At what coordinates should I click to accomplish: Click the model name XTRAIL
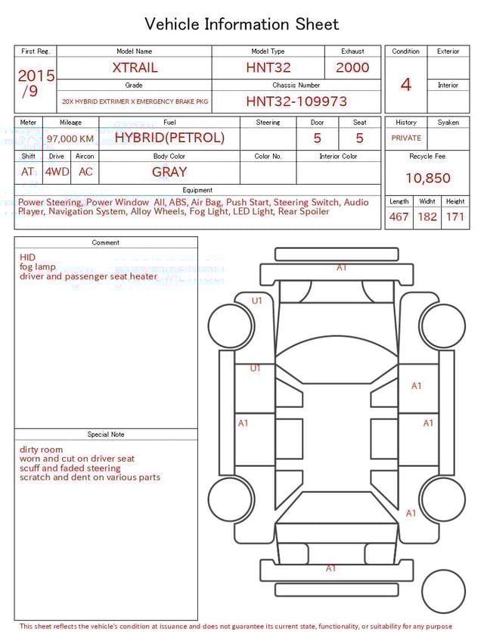[x=135, y=67]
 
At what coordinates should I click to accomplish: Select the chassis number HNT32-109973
[x=296, y=101]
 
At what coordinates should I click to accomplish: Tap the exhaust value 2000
[x=352, y=67]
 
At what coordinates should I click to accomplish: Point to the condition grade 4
[x=405, y=84]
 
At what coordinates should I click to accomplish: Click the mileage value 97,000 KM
[x=70, y=139]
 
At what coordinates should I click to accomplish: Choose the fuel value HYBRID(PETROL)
[x=169, y=138]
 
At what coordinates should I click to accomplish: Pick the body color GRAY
[x=169, y=172]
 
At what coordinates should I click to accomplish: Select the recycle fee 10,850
[x=427, y=178]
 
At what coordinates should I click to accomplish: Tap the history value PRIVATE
[x=406, y=138]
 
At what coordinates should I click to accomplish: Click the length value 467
[x=399, y=216]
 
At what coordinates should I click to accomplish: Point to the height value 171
[x=455, y=216]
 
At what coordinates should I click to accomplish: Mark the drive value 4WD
[x=57, y=172]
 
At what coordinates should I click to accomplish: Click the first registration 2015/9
[x=36, y=83]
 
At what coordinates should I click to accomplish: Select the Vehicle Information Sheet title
[x=242, y=24]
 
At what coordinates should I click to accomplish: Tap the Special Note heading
[x=106, y=434]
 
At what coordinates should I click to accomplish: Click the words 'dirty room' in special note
[x=42, y=450]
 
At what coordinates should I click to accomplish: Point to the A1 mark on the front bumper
[x=342, y=267]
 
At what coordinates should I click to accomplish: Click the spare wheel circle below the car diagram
[x=443, y=591]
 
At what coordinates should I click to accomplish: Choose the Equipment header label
[x=197, y=190]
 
